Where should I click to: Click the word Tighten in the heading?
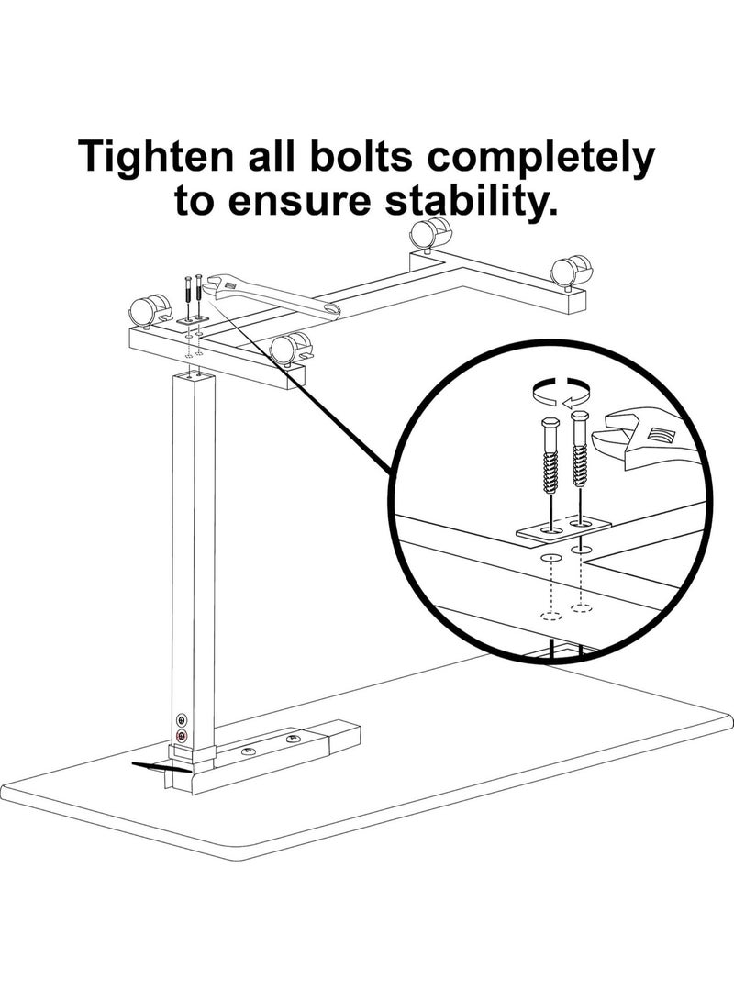pyautogui.click(x=155, y=157)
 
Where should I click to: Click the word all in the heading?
pyautogui.click(x=272, y=156)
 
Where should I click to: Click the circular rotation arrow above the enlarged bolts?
pyautogui.click(x=560, y=391)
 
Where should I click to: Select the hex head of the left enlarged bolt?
pyautogui.click(x=550, y=425)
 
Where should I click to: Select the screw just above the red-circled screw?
pyautogui.click(x=182, y=720)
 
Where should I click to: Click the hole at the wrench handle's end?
pyautogui.click(x=330, y=309)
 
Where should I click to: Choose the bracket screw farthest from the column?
pyautogui.click(x=293, y=740)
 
